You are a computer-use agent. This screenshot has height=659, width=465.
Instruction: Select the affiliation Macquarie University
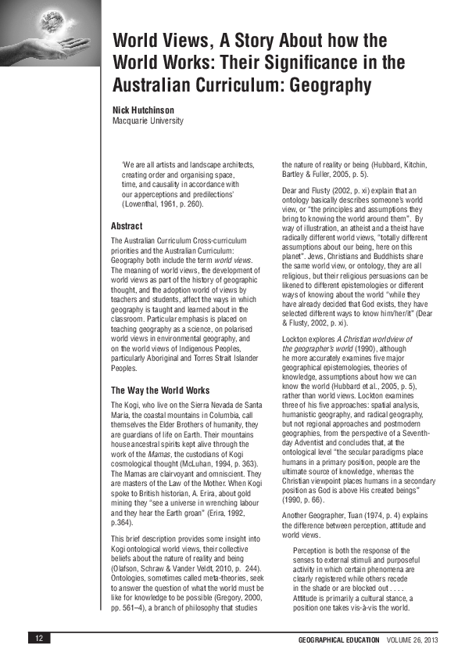(x=148, y=121)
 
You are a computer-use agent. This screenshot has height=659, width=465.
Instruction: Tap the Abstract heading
(x=127, y=226)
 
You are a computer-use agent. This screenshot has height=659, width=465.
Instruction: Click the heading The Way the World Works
(x=160, y=390)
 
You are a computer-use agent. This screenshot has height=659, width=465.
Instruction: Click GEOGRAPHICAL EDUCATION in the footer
(x=338, y=639)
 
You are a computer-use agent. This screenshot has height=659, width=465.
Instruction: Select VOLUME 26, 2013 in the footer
(x=411, y=639)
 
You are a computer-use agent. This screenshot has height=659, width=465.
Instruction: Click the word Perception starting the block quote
(x=311, y=551)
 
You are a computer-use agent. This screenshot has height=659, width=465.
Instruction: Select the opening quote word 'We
(x=128, y=164)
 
